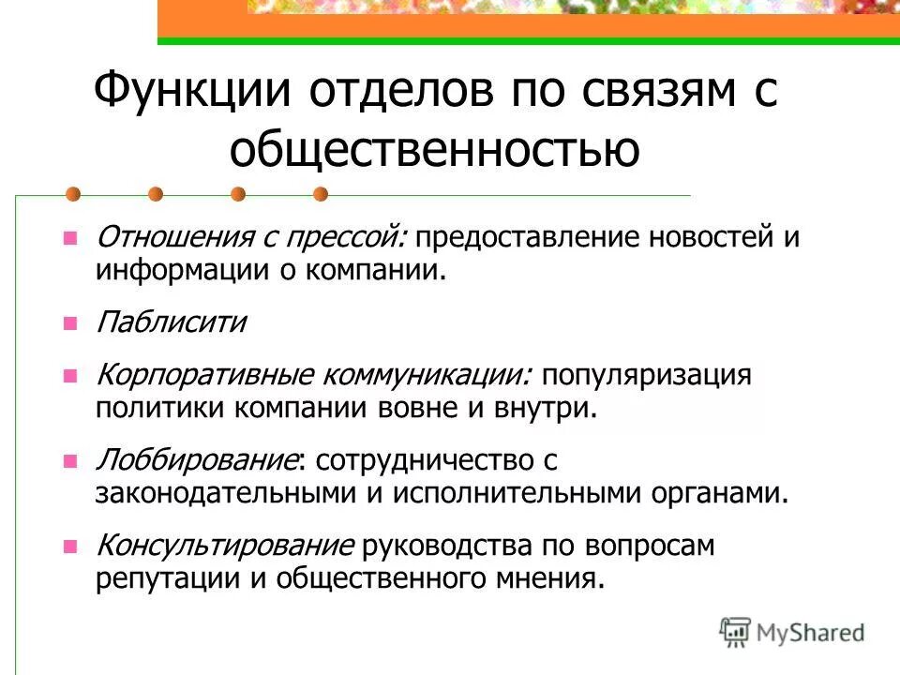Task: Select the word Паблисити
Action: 171,323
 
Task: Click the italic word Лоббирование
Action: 197,460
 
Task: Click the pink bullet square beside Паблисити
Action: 68,324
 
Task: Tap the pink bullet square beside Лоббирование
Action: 68,461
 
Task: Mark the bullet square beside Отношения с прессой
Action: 68,239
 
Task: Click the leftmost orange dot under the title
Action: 73,194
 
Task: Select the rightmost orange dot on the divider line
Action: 320,194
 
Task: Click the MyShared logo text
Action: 811,633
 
